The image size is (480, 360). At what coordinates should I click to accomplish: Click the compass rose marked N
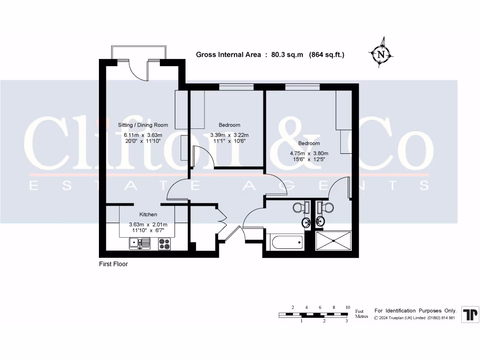381,54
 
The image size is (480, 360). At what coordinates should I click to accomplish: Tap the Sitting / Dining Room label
142,125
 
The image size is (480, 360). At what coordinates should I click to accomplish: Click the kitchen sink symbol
139,243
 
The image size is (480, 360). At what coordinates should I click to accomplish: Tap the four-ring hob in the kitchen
165,244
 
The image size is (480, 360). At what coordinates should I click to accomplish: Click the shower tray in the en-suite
334,240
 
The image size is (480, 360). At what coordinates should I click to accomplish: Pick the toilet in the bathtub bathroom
299,207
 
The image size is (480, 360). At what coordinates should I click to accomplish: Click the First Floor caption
113,264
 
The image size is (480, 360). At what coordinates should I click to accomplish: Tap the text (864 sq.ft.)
327,55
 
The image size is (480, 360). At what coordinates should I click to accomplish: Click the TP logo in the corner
470,314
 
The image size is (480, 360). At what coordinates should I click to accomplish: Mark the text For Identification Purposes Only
415,311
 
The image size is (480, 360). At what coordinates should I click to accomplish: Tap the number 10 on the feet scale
347,307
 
